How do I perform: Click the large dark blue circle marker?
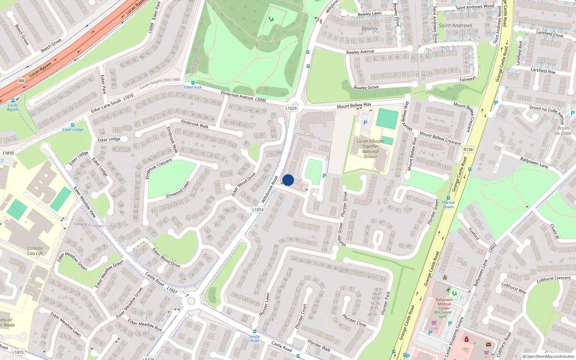[288, 180]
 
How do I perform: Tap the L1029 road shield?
[291, 108]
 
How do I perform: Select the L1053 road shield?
[258, 210]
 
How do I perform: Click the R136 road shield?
[468, 149]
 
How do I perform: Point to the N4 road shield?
[21, 81]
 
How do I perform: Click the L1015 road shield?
[18, 352]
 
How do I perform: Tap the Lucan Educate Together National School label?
[370, 149]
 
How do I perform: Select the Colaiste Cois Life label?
[35, 251]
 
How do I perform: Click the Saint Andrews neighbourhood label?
[455, 26]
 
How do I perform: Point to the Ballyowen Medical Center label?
[444, 304]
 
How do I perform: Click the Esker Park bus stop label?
[193, 87]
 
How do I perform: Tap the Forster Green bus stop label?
[449, 205]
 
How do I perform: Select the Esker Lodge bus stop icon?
[73, 125]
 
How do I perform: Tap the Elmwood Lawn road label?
[178, 190]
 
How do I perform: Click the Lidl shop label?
[435, 328]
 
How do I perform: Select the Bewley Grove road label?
[366, 87]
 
